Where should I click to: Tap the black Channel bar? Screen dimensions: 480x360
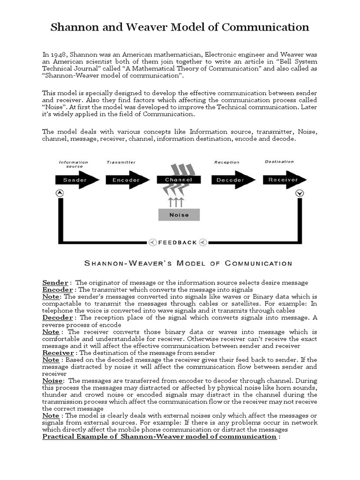179,180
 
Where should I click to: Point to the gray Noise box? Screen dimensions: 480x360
179,215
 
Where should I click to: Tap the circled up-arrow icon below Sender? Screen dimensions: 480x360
60,193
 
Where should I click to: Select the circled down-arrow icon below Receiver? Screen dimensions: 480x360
300,193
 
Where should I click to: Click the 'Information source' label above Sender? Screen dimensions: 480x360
74,164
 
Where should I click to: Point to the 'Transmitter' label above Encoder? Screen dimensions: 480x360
121,162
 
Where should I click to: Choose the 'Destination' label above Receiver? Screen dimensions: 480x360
279,162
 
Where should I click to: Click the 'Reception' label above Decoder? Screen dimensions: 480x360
226,162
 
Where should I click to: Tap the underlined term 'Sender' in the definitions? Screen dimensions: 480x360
55,283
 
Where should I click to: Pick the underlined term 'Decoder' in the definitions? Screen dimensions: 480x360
57,318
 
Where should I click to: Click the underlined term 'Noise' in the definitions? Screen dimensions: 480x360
52,381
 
